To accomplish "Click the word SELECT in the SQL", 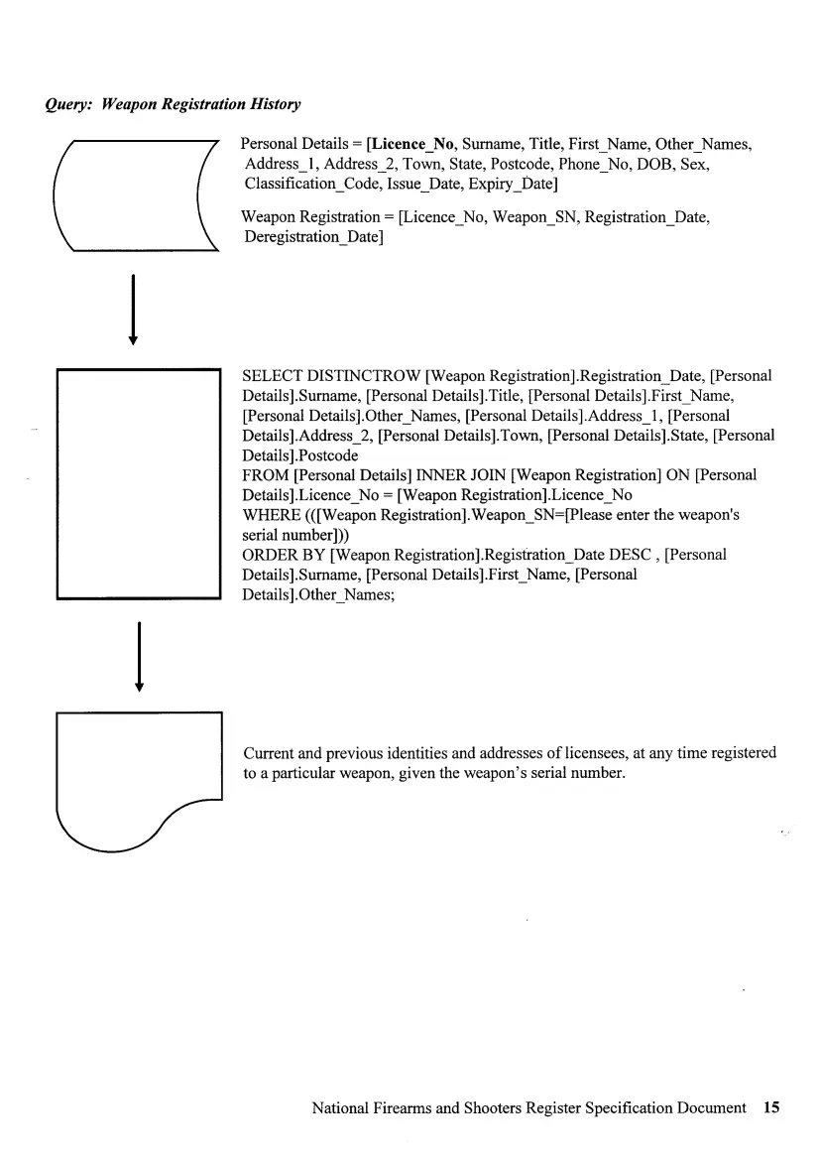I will [x=272, y=376].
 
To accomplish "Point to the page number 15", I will [x=772, y=1107].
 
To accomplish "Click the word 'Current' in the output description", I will [x=270, y=753].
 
